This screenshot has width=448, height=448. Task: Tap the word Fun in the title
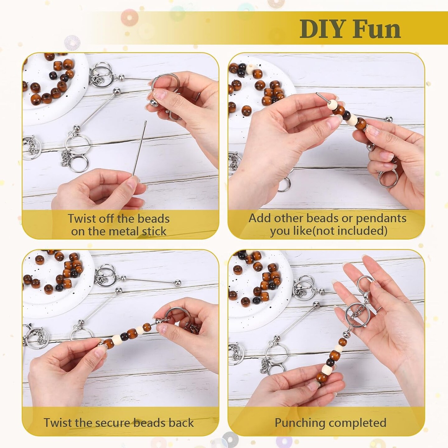377,29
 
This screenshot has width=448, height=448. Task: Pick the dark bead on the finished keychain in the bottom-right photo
330,362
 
